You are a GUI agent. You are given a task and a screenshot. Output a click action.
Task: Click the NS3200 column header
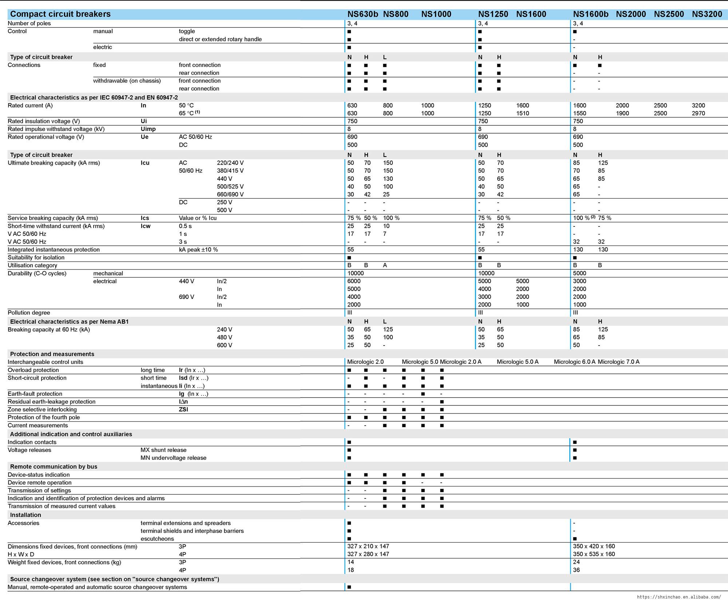pos(707,14)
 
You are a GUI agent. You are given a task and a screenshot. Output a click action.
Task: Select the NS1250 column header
pos(493,14)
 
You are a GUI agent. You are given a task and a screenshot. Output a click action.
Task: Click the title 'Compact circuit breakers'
pos(60,14)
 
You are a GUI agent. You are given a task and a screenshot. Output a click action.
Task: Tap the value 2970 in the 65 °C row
pos(698,113)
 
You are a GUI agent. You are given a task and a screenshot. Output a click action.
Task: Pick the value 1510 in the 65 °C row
pos(522,113)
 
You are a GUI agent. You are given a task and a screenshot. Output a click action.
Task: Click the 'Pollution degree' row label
pos(29,313)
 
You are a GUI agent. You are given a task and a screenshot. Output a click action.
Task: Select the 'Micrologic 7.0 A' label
pos(618,362)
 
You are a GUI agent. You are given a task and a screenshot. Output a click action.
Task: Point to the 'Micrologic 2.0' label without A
pos(365,362)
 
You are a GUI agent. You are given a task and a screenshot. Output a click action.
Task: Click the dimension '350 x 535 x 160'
pos(594,554)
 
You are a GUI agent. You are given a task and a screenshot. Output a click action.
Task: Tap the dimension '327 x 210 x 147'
pos(368,546)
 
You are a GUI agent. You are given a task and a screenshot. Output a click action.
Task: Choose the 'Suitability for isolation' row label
pos(36,257)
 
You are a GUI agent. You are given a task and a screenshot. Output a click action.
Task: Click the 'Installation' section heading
pos(25,515)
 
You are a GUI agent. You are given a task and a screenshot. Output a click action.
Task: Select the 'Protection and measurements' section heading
pos(52,354)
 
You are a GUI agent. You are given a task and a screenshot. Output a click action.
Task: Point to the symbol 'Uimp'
pos(148,129)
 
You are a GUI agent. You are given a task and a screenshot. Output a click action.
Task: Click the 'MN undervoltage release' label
pos(173,458)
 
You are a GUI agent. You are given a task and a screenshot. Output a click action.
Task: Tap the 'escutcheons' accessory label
pos(157,538)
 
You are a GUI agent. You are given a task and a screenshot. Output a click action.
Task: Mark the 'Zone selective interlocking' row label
pos(42,410)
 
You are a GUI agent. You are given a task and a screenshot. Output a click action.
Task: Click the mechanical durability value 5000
pos(579,273)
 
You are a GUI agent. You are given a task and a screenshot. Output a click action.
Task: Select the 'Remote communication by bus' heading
pos(54,466)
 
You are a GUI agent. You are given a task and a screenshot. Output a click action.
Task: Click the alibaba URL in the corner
pos(678,597)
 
